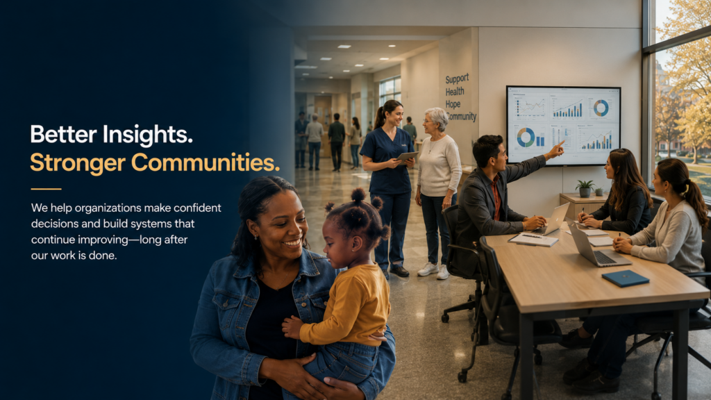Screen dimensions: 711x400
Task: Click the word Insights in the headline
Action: click(148, 135)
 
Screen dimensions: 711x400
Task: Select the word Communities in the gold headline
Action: click(206, 162)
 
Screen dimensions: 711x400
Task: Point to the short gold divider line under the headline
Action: click(46, 189)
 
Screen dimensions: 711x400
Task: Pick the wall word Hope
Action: click(453, 104)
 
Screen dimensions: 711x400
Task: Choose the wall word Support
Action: click(457, 79)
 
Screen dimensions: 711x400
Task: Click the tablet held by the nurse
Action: click(407, 157)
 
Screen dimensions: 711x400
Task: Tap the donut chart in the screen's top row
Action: click(601, 108)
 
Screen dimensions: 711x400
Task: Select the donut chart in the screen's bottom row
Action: click(526, 137)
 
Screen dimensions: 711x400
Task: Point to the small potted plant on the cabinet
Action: click(585, 188)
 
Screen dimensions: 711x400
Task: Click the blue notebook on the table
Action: click(626, 278)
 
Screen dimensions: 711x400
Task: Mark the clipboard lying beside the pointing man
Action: click(533, 239)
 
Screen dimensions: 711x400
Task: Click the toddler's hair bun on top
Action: click(358, 195)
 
